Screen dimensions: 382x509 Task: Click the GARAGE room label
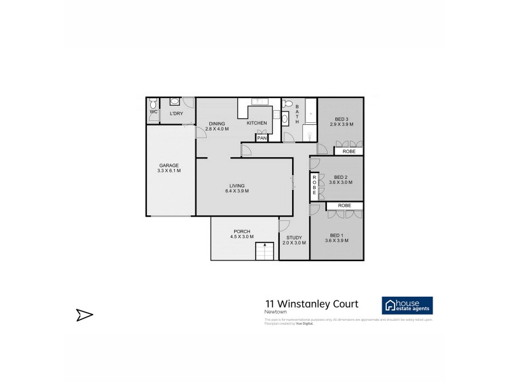coord(169,165)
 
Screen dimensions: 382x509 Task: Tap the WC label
coord(153,112)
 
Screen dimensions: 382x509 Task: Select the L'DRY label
coord(176,113)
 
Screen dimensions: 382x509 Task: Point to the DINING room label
coord(216,123)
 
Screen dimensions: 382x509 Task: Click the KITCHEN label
coord(256,123)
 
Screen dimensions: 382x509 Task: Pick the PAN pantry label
coord(261,138)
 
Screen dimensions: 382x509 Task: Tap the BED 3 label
coord(342,119)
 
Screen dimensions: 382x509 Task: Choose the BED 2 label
coord(340,177)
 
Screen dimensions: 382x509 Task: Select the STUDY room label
coord(294,237)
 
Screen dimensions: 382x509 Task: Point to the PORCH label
coord(242,231)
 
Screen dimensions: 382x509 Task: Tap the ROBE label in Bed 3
coord(349,152)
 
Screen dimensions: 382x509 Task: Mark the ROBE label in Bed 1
coord(344,206)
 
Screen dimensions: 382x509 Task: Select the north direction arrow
coord(85,314)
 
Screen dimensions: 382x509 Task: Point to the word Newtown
coord(275,313)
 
